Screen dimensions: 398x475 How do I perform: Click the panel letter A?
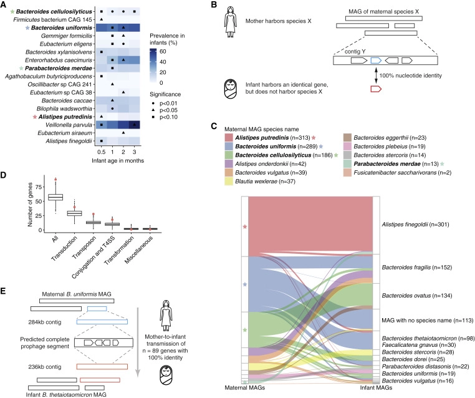pos(6,6)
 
